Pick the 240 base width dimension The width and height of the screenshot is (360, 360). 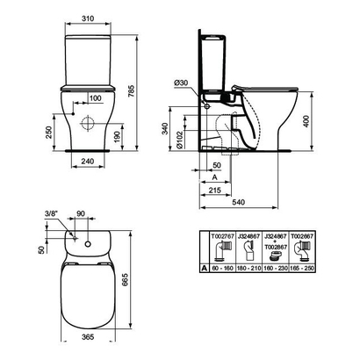click(85, 161)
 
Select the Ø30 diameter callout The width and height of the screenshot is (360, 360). click(182, 83)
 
